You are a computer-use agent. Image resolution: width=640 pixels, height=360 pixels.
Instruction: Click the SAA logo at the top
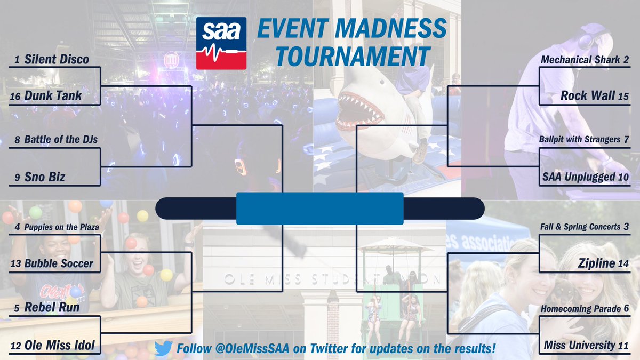221,43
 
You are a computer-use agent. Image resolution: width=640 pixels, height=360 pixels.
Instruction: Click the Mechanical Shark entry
580,60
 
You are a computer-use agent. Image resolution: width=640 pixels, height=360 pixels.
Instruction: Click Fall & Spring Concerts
582,227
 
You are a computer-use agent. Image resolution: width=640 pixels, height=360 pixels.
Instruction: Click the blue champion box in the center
319,209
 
